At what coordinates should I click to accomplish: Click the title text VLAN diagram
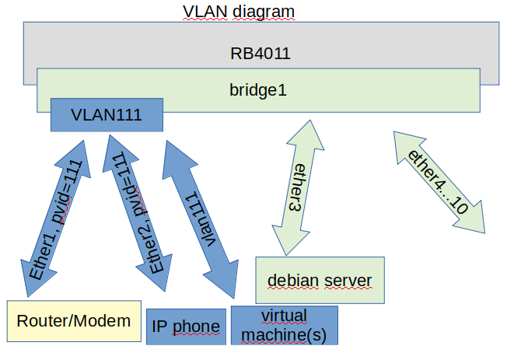tap(239, 11)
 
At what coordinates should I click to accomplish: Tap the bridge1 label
tap(258, 89)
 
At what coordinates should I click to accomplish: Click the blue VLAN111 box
tap(107, 115)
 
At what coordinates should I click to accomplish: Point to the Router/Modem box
tap(74, 321)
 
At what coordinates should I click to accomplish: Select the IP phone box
tap(186, 326)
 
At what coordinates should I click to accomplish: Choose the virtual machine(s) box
tap(285, 325)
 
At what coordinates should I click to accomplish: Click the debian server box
tap(320, 280)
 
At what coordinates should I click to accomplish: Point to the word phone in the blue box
tap(201, 326)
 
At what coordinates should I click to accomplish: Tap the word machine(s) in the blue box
tap(285, 334)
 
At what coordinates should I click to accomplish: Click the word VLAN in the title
tap(201, 11)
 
